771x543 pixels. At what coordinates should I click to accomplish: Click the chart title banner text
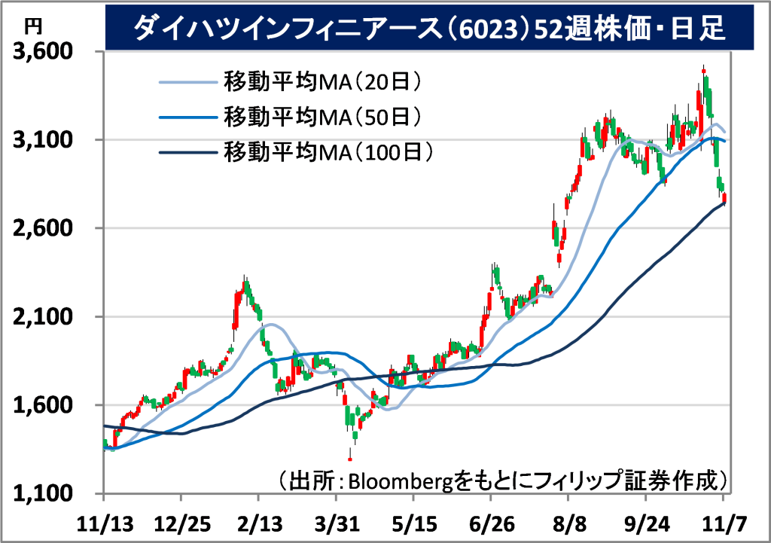[x=428, y=28]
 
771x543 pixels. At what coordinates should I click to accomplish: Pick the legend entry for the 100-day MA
[x=328, y=152]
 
